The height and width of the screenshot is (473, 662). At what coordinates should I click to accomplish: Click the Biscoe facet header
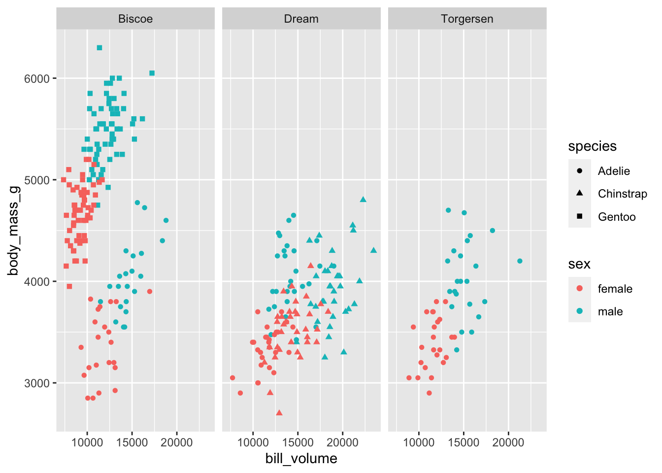[x=135, y=19]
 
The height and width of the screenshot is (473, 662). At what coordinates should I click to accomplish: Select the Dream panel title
[x=301, y=19]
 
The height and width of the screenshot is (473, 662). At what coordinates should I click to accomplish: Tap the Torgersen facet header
[x=467, y=19]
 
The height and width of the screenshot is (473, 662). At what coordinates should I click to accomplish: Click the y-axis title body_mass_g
[x=14, y=231]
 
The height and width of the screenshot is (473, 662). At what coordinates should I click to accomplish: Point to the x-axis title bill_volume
[x=301, y=459]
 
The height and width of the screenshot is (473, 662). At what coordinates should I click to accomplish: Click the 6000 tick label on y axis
[x=37, y=79]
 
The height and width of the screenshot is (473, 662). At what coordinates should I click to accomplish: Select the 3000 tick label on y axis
[x=37, y=383]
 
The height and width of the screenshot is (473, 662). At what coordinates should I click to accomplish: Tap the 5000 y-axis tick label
[x=37, y=180]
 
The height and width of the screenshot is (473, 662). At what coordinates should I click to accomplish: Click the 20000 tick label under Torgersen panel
[x=508, y=442]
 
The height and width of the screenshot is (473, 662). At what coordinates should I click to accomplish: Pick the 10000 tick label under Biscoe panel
[x=87, y=442]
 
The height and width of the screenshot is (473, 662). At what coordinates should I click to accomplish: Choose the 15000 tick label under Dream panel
[x=298, y=442]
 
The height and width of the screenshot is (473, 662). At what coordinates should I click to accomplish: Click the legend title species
[x=592, y=146]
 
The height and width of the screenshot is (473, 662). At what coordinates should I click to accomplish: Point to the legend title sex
[x=579, y=264]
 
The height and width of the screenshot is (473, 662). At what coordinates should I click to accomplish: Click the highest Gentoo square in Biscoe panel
[x=99, y=48]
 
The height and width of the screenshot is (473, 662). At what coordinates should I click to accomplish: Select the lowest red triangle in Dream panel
[x=279, y=412]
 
